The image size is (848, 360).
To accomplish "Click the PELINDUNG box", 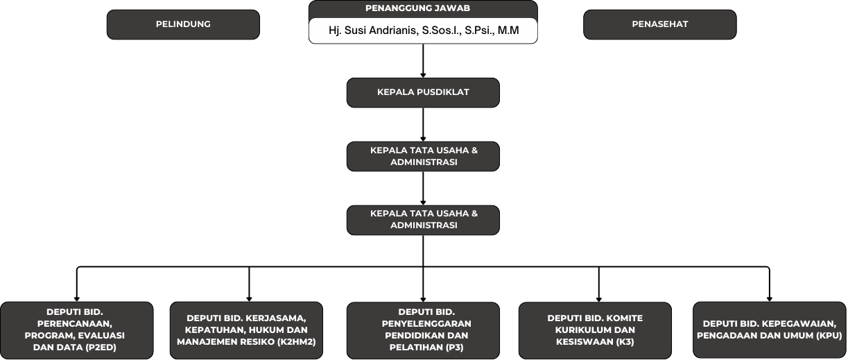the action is pos(183,24).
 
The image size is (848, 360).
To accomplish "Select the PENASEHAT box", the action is pos(660,24).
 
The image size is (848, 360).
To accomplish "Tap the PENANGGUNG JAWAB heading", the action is pos(417,8).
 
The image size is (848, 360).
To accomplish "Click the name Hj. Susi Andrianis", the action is pos(373,31).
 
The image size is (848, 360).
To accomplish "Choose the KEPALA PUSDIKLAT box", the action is pos(423,93).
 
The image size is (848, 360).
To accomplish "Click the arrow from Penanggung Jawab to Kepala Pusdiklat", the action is pos(423,61).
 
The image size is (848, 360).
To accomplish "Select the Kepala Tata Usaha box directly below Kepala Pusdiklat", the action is pos(423,156).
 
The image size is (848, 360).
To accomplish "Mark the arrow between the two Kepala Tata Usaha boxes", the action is pos(423,188).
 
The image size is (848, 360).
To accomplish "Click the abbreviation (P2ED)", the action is pos(101,348).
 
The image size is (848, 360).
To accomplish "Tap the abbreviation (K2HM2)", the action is pos(297,342).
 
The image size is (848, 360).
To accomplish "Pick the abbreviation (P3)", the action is pos(454,348).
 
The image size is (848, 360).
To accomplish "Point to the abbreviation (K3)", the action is pos(625,342).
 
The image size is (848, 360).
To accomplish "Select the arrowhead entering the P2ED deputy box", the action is pos(77,299).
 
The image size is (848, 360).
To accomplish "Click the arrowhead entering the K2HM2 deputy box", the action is pos(249,299).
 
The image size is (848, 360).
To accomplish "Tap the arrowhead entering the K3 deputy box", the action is pos(599,299).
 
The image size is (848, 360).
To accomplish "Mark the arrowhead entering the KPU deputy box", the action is pos(769,299).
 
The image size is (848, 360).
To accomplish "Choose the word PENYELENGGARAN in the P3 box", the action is pos(426,324).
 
